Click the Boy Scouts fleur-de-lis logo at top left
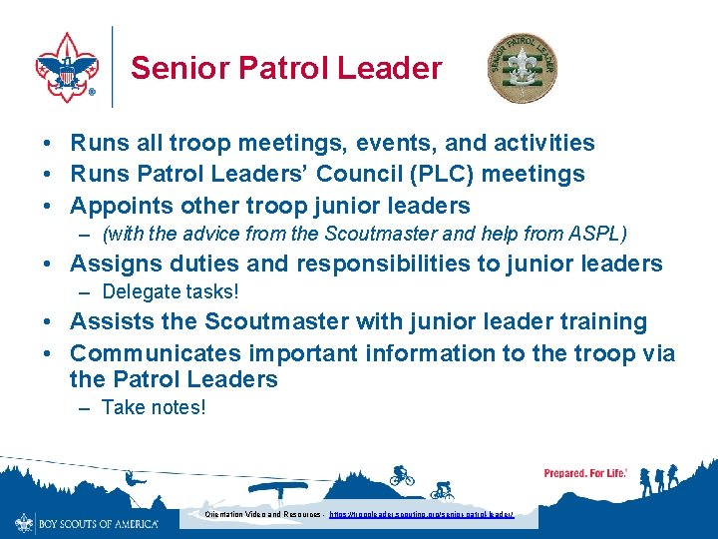67,66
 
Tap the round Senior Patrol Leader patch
521,67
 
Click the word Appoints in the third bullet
120,206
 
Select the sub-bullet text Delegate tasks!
171,292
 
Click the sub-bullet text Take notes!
154,407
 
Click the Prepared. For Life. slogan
585,472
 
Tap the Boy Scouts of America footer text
98,523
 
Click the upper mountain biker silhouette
401,474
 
